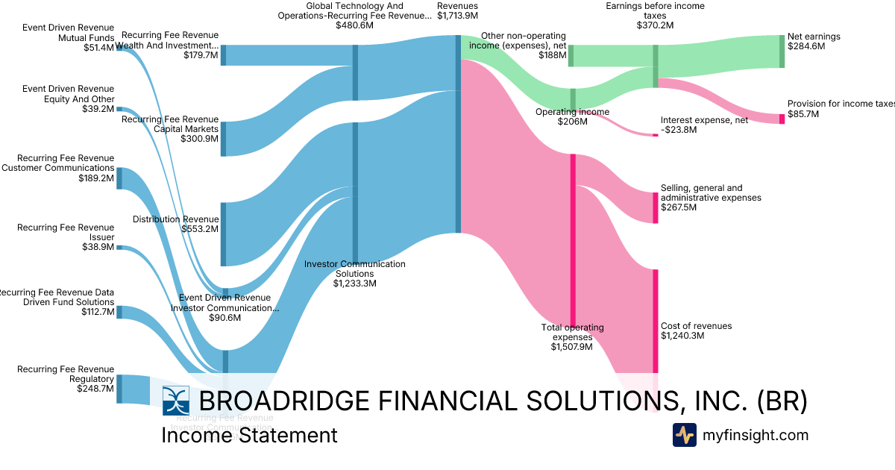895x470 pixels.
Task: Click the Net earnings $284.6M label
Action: (x=814, y=41)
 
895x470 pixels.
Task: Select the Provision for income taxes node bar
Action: (x=782, y=119)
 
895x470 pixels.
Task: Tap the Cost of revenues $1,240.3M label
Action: (x=696, y=330)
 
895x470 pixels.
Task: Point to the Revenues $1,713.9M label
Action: (x=457, y=10)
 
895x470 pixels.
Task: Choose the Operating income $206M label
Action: (x=572, y=116)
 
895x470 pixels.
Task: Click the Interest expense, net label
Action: (x=704, y=125)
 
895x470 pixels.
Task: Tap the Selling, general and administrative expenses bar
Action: (x=656, y=207)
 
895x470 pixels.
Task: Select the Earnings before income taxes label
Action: (x=656, y=16)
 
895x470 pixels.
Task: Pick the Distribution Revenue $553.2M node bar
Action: (x=222, y=234)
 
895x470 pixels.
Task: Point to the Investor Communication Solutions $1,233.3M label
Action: (x=355, y=273)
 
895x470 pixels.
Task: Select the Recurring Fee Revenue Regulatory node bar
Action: (x=119, y=389)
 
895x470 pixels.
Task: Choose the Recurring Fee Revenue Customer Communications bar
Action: (x=119, y=178)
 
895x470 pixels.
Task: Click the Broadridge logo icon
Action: (x=176, y=401)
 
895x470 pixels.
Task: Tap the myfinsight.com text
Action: (x=755, y=435)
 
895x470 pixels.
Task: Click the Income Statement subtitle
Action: (x=249, y=435)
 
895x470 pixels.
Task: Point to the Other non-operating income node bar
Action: (x=571, y=55)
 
